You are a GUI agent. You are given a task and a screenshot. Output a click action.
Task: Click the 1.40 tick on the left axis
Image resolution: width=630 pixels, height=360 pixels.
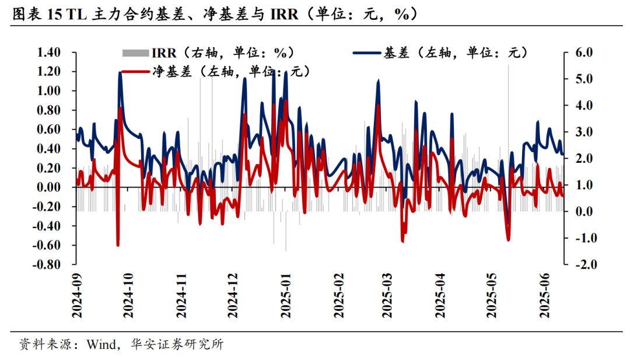(49, 53)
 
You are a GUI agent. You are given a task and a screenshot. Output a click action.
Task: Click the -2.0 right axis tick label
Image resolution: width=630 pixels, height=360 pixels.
(583, 264)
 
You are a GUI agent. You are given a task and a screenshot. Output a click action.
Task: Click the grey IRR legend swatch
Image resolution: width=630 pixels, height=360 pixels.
(135, 53)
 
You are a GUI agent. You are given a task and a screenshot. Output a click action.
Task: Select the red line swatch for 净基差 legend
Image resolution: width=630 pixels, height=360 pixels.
(135, 72)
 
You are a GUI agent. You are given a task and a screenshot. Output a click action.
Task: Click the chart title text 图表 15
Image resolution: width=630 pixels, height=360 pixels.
(36, 14)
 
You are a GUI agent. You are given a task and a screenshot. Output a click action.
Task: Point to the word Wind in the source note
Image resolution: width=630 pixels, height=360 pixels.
(101, 344)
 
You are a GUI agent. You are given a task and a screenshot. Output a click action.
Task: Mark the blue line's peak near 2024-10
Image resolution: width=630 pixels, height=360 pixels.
(120, 72)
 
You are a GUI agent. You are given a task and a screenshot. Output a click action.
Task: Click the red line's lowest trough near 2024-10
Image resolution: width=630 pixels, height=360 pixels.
(118, 246)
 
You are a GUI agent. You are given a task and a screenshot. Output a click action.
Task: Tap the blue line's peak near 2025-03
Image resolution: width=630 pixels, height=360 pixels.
(379, 81)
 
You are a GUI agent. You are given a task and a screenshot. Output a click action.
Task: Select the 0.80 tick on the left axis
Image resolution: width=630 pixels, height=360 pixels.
(49, 110)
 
